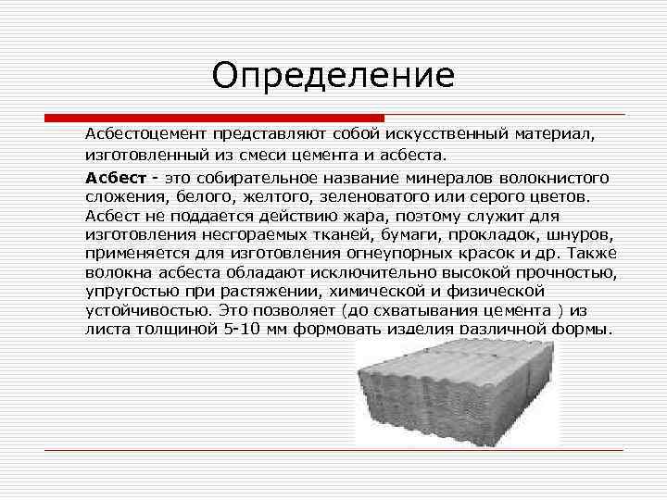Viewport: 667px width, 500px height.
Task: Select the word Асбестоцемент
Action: [145, 134]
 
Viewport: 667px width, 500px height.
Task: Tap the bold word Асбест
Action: [116, 178]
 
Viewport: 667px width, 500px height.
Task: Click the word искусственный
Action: [447, 134]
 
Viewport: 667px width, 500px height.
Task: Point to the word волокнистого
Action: [554, 178]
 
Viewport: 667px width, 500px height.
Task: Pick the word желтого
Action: [276, 197]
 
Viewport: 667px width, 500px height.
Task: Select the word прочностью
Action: [567, 273]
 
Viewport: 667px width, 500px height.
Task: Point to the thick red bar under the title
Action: [214, 118]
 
